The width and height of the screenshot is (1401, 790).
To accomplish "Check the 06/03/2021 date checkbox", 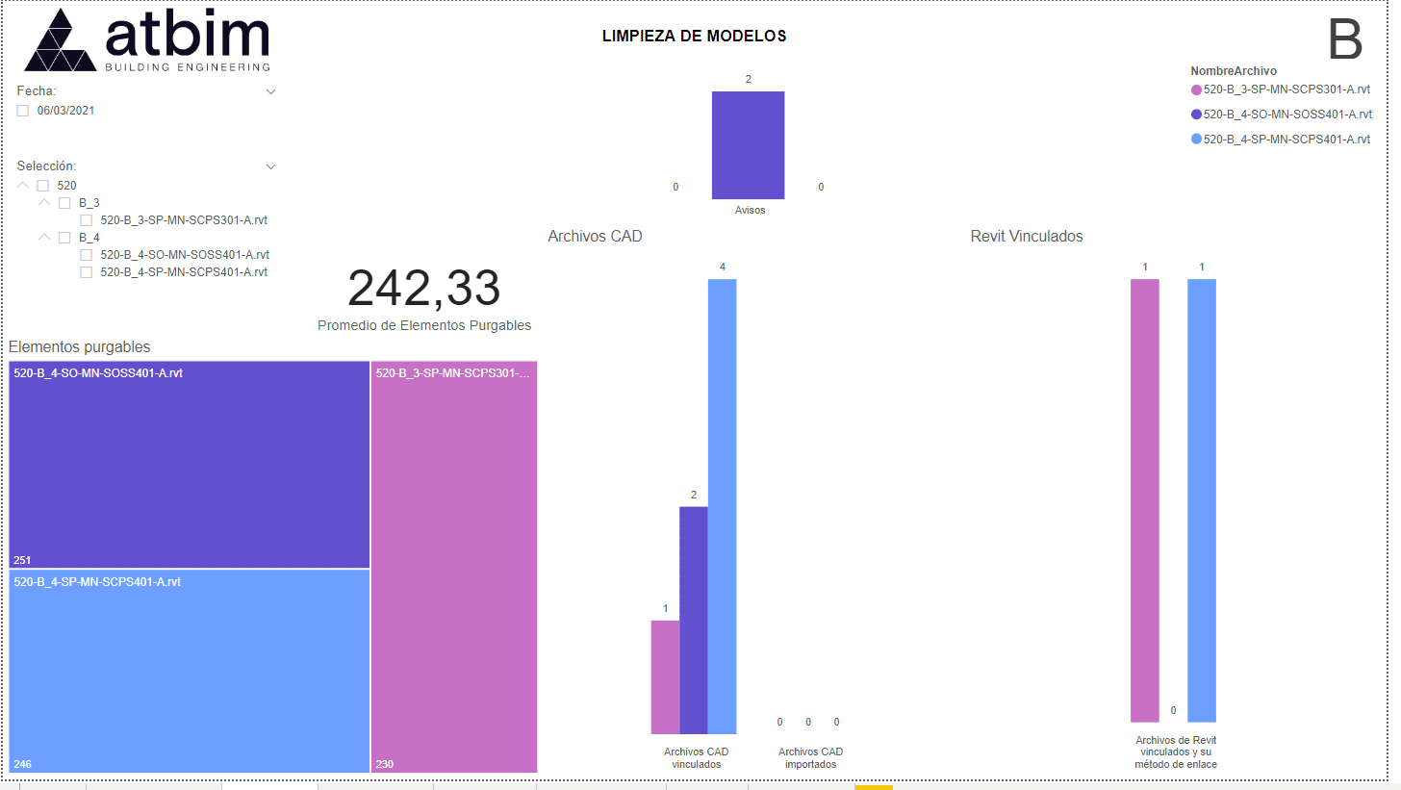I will click(23, 111).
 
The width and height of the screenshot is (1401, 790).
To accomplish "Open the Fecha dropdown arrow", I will click(270, 91).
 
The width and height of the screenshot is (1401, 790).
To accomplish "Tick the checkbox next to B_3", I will click(64, 203).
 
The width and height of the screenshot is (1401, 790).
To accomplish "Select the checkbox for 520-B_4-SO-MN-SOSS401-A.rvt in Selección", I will click(86, 255).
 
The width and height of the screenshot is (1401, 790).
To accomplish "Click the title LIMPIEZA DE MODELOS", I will click(694, 37).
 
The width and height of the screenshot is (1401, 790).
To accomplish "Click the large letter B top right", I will click(1344, 40).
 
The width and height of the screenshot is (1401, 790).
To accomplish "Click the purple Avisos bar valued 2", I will click(748, 145).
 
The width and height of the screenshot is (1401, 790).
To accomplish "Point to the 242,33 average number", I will click(423, 288).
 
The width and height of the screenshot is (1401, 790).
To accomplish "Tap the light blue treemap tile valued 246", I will click(190, 671).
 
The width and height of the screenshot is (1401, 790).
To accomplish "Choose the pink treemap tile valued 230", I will click(454, 568).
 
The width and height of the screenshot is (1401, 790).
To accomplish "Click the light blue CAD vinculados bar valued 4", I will click(722, 506).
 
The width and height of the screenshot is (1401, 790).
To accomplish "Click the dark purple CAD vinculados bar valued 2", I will click(693, 620).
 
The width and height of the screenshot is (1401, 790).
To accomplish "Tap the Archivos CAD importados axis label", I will click(810, 758).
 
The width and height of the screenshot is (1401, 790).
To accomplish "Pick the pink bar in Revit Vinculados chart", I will click(1144, 500).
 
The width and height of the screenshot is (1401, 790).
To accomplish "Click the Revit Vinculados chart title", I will click(1026, 237).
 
